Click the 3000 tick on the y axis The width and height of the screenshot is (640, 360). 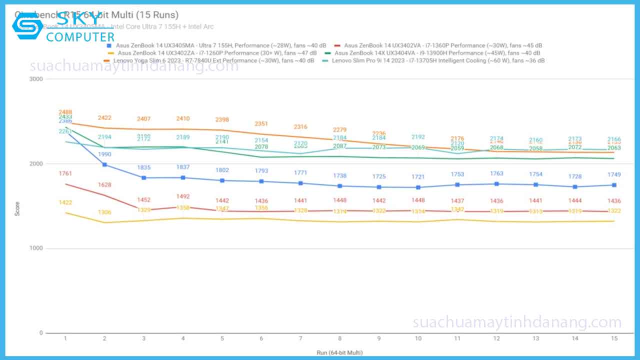(x=36, y=79)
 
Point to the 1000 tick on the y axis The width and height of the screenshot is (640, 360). (x=36, y=248)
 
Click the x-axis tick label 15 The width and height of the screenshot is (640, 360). (x=614, y=338)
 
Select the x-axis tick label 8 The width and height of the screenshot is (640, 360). (x=340, y=338)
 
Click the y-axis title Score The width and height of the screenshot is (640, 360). (x=17, y=209)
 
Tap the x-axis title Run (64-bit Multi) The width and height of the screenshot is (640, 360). (x=339, y=352)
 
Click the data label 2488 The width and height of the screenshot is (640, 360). (x=65, y=112)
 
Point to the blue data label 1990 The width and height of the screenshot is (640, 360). (x=104, y=154)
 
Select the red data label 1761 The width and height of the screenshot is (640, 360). (x=65, y=174)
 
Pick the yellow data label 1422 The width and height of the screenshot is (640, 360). (x=65, y=202)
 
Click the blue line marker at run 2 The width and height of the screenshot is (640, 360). (x=104, y=164)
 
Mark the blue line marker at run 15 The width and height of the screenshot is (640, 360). (x=614, y=185)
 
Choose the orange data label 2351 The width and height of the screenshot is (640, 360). (x=261, y=123)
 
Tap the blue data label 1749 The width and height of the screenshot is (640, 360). (x=614, y=174)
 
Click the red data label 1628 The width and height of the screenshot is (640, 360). (x=104, y=185)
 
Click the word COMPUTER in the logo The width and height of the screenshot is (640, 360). (x=80, y=37)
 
